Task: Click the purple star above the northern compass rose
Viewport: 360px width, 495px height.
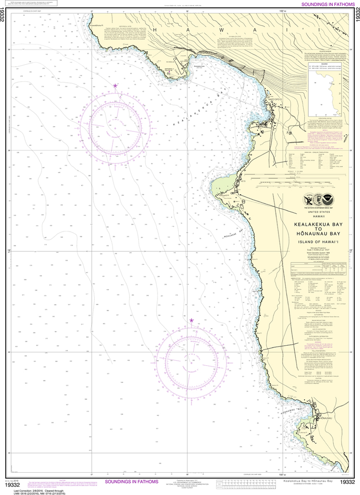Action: (x=115, y=86)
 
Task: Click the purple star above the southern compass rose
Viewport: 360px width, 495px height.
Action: (x=191, y=320)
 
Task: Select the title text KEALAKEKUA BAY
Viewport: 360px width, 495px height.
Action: (x=314, y=224)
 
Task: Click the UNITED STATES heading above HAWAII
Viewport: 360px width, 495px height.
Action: (x=314, y=212)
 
